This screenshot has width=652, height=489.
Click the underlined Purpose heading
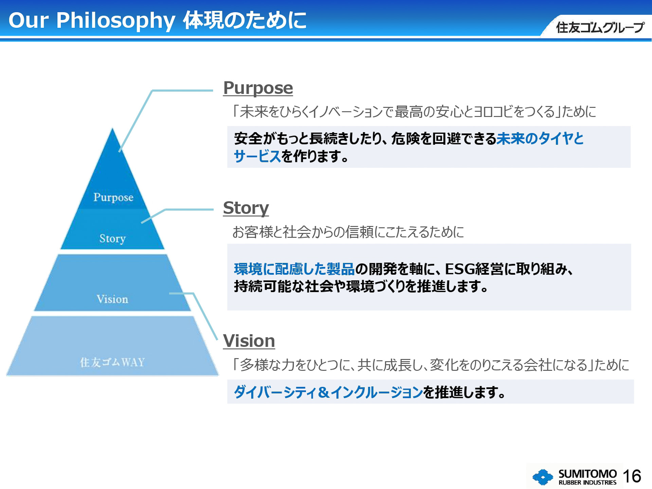(x=258, y=88)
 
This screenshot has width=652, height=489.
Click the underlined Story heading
(x=246, y=208)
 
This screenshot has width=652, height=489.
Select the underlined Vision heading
(x=249, y=341)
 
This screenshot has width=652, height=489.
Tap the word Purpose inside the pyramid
(x=113, y=197)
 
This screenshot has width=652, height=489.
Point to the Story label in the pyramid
(x=112, y=238)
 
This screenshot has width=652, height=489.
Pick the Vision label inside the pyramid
(x=112, y=299)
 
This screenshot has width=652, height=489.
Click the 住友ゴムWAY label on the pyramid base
(x=112, y=362)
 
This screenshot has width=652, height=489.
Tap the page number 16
(x=632, y=476)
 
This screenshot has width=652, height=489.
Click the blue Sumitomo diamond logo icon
(x=543, y=477)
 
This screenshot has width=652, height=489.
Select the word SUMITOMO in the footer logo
(x=587, y=473)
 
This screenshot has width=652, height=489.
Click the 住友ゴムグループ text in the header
(x=600, y=28)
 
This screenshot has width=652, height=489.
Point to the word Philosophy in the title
(x=115, y=20)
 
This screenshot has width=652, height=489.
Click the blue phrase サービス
(x=257, y=156)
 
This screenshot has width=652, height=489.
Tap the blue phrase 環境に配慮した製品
(x=294, y=269)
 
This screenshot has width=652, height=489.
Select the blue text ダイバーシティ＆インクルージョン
(x=328, y=392)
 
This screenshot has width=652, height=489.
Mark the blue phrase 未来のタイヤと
(x=540, y=139)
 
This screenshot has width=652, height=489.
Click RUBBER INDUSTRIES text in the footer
(x=587, y=483)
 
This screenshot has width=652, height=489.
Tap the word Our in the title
(x=29, y=20)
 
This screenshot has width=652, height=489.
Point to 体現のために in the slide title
(x=245, y=20)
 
